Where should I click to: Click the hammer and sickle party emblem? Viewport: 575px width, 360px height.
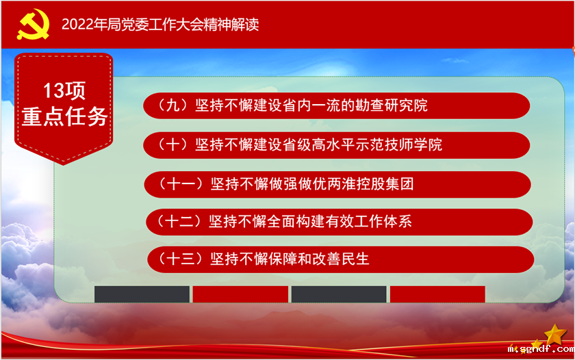pyautogui.click(x=29, y=25)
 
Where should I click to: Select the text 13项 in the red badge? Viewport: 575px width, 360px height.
pyautogui.click(x=64, y=90)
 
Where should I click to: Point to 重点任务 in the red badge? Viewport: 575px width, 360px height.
pyautogui.click(x=64, y=116)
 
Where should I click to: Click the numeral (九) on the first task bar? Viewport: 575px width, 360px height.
pyautogui.click(x=171, y=105)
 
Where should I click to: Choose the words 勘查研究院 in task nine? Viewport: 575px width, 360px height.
pyautogui.click(x=392, y=105)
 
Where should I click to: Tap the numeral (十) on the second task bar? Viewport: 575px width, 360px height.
pyautogui.click(x=171, y=144)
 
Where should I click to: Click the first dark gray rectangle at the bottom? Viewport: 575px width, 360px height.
pyautogui.click(x=142, y=294)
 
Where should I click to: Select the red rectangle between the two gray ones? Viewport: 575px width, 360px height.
pyautogui.click(x=240, y=294)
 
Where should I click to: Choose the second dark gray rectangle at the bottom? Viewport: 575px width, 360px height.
pyautogui.click(x=339, y=294)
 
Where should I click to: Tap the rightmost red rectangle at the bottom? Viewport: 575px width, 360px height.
pyautogui.click(x=437, y=294)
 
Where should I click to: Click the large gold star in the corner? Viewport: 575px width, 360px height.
pyautogui.click(x=555, y=335)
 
